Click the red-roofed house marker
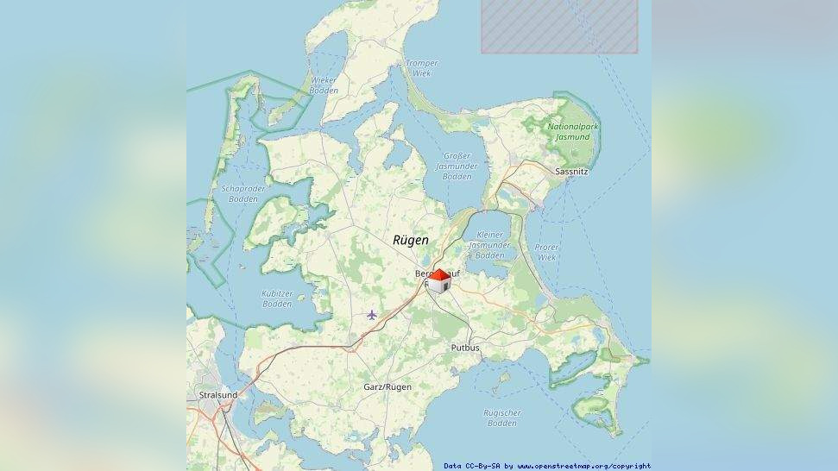click(439, 281)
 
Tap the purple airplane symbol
click(372, 315)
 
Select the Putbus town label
click(465, 348)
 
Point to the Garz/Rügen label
click(387, 387)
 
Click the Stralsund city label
click(217, 395)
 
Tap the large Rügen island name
click(410, 240)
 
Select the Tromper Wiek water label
click(421, 68)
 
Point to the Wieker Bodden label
click(324, 85)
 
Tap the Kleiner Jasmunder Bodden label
click(489, 245)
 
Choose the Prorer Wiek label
click(546, 252)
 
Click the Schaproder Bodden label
click(244, 193)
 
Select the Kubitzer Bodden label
click(277, 298)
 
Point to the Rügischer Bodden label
click(501, 418)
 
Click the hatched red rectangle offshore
click(559, 26)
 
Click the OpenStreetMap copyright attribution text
click(547, 466)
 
